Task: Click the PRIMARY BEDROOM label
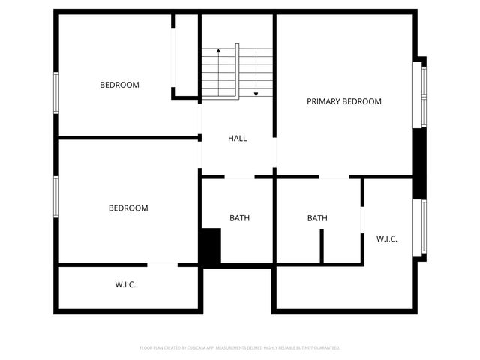pos(344,101)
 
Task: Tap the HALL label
pos(238,138)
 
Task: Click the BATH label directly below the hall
pos(240,218)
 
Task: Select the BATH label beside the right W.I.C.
pos(317,218)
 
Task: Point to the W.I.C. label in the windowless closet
pos(125,285)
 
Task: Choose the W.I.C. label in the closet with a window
pos(387,238)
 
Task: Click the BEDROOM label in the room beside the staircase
pos(119,85)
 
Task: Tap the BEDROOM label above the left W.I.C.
pos(128,208)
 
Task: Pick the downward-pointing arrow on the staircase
pos(256,92)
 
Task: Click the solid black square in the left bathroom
pos(210,247)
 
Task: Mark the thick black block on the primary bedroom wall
pos(420,153)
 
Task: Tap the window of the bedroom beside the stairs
pos(55,93)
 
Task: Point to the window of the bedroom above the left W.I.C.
pos(55,196)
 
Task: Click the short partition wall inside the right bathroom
pos(322,246)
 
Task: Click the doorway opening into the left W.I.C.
pos(162,264)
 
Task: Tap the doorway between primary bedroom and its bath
pos(334,177)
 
